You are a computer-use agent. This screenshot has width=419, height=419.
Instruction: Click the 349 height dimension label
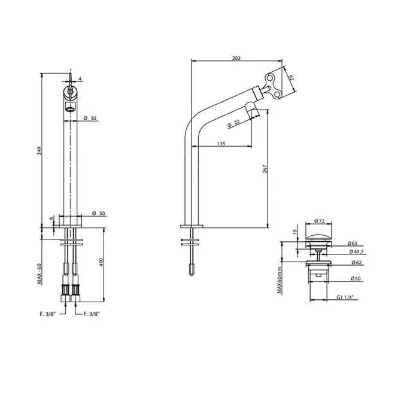(x=40, y=151)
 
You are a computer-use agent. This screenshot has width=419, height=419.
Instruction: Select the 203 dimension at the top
(x=236, y=58)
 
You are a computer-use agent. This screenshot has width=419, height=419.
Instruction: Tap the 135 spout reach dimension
(x=221, y=144)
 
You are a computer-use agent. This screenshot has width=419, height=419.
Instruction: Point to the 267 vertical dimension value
(x=265, y=169)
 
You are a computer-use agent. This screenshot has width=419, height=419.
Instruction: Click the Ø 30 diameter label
(x=90, y=118)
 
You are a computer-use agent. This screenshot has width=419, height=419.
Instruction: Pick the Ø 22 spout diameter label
(x=233, y=123)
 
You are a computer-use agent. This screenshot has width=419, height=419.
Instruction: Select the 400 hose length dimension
(x=101, y=262)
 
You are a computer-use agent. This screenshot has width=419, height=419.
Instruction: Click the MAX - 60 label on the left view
(x=40, y=274)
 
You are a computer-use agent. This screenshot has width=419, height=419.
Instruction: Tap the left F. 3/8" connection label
(x=47, y=314)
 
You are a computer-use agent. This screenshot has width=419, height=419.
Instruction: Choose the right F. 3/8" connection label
(x=92, y=314)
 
